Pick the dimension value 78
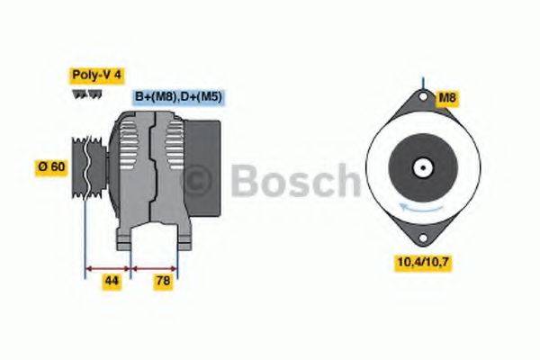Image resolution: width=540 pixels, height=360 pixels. (163, 282)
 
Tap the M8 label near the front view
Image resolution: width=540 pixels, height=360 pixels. (447, 97)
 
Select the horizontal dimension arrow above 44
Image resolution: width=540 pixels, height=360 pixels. (108, 267)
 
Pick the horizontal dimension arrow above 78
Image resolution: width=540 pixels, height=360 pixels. (155, 267)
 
